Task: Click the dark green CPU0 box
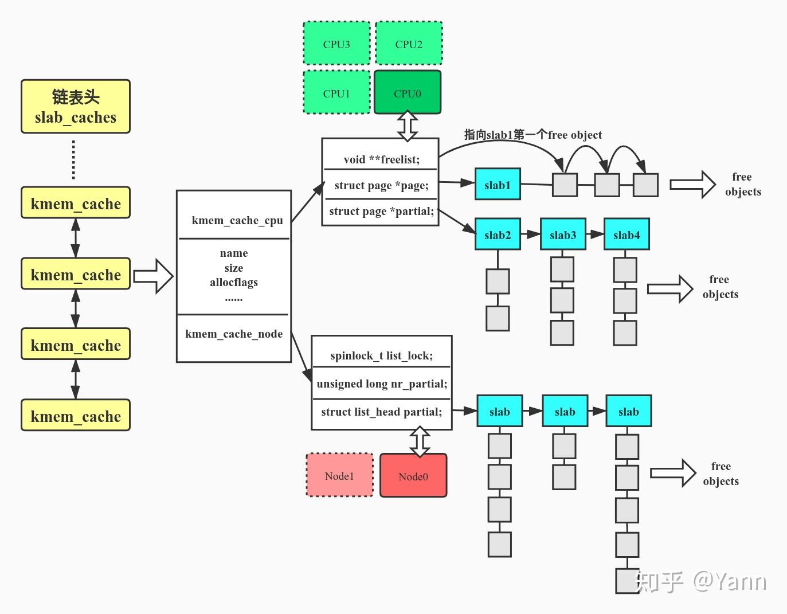pyautogui.click(x=408, y=92)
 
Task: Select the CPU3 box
pyautogui.click(x=336, y=44)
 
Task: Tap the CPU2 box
pyautogui.click(x=409, y=44)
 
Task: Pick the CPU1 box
pyautogui.click(x=336, y=93)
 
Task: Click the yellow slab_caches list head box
pyautogui.click(x=76, y=107)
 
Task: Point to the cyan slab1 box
pyautogui.click(x=498, y=185)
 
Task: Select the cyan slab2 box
pyautogui.click(x=498, y=234)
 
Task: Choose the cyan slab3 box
pyautogui.click(x=563, y=234)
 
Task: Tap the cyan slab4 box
pyautogui.click(x=627, y=234)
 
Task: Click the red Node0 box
pyautogui.click(x=413, y=476)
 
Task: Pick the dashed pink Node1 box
pyautogui.click(x=339, y=475)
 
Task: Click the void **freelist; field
pyautogui.click(x=381, y=159)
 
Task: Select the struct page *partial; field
pyautogui.click(x=381, y=211)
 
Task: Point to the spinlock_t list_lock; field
pyautogui.click(x=381, y=355)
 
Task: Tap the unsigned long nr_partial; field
pyautogui.click(x=381, y=384)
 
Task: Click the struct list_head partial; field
pyautogui.click(x=381, y=412)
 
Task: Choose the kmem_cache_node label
pyautogui.click(x=234, y=334)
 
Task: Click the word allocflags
pyautogui.click(x=234, y=282)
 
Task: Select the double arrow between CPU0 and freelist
pyautogui.click(x=408, y=126)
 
